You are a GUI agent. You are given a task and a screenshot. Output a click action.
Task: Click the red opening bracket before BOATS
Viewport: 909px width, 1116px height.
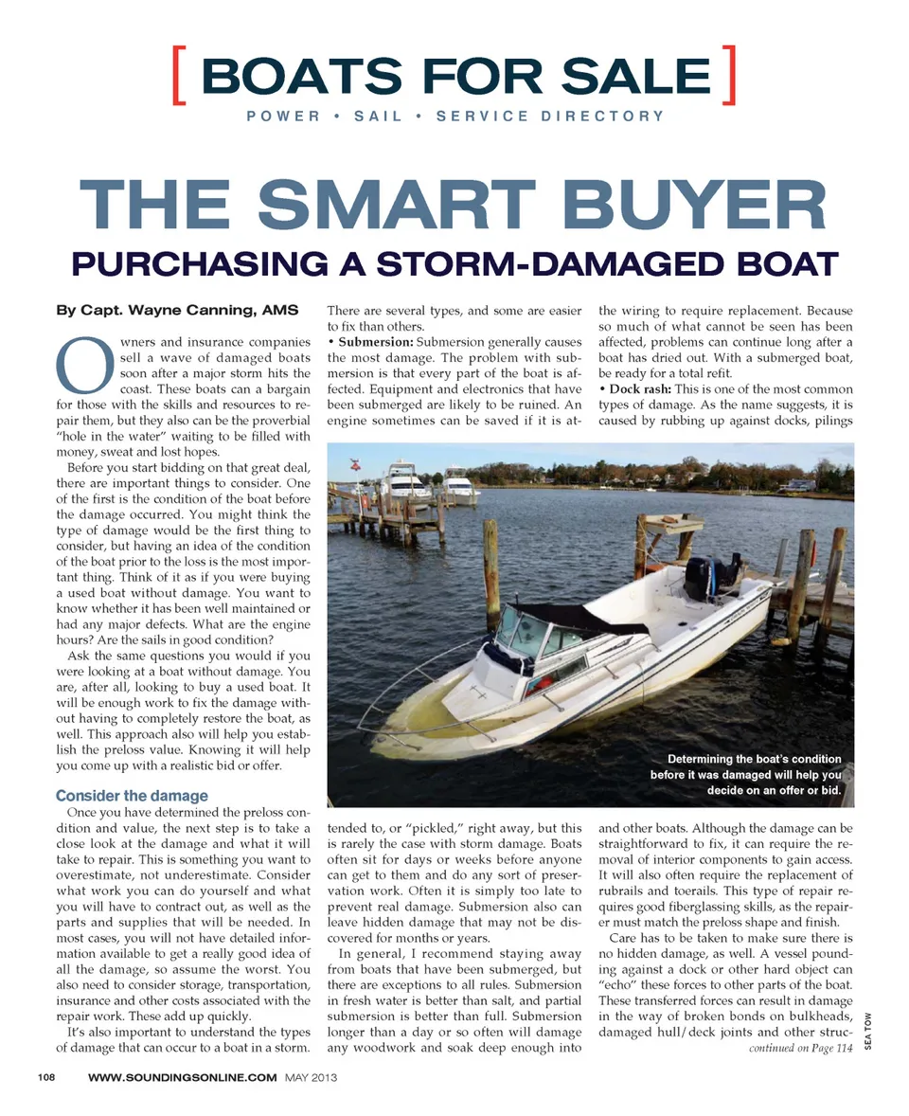pos(180,76)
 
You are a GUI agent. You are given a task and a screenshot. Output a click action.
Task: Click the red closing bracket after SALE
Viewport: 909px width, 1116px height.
pos(727,76)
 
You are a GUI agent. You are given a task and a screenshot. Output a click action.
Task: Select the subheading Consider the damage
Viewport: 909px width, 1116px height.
pos(132,796)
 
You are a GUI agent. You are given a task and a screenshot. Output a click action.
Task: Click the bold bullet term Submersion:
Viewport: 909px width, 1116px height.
pos(376,340)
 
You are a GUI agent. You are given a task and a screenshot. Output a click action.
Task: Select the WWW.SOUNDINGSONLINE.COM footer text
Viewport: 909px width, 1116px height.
pos(182,1077)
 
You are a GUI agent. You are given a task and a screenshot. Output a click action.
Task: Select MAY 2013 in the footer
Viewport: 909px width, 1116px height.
pos(312,1077)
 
